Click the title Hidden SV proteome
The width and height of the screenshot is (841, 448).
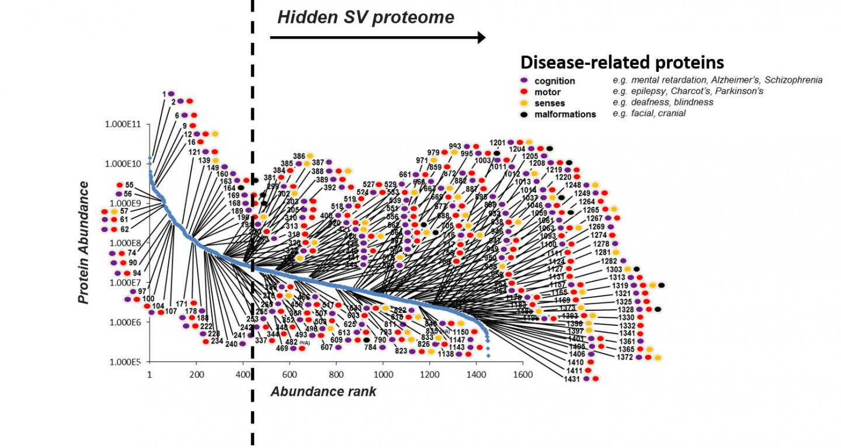point(366,18)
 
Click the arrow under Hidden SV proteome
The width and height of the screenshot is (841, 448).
point(377,38)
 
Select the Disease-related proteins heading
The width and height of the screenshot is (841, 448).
point(622,62)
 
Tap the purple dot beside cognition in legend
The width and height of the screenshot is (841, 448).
point(524,81)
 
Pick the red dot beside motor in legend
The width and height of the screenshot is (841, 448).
point(524,92)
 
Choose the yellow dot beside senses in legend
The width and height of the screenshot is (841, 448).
point(524,103)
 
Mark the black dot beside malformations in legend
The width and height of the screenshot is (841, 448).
point(524,114)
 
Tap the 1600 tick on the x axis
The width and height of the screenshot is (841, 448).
point(522,374)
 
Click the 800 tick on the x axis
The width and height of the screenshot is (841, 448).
point(336,374)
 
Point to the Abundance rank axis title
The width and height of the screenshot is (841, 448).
point(323,392)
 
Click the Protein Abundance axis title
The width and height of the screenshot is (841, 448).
point(85,242)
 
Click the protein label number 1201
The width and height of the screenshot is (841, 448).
point(497,143)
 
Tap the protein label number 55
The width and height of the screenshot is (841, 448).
point(129,185)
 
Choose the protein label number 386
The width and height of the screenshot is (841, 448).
point(299,156)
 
